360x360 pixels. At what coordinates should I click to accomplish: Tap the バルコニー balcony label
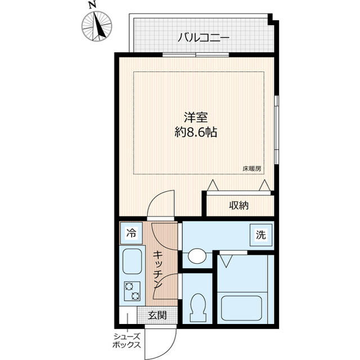point(203,38)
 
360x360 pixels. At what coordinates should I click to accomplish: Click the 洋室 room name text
point(196,118)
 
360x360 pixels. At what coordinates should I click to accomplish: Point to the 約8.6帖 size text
point(196,133)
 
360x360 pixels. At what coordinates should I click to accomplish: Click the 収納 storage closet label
point(238,205)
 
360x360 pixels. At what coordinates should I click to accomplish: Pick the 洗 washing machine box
point(260,236)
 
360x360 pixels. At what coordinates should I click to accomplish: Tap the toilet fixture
point(197,307)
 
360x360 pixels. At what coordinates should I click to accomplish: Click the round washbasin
point(197,256)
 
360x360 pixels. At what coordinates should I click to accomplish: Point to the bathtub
point(245,308)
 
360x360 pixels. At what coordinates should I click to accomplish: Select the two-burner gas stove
point(132,290)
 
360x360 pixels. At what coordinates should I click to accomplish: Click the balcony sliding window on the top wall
point(196,55)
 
